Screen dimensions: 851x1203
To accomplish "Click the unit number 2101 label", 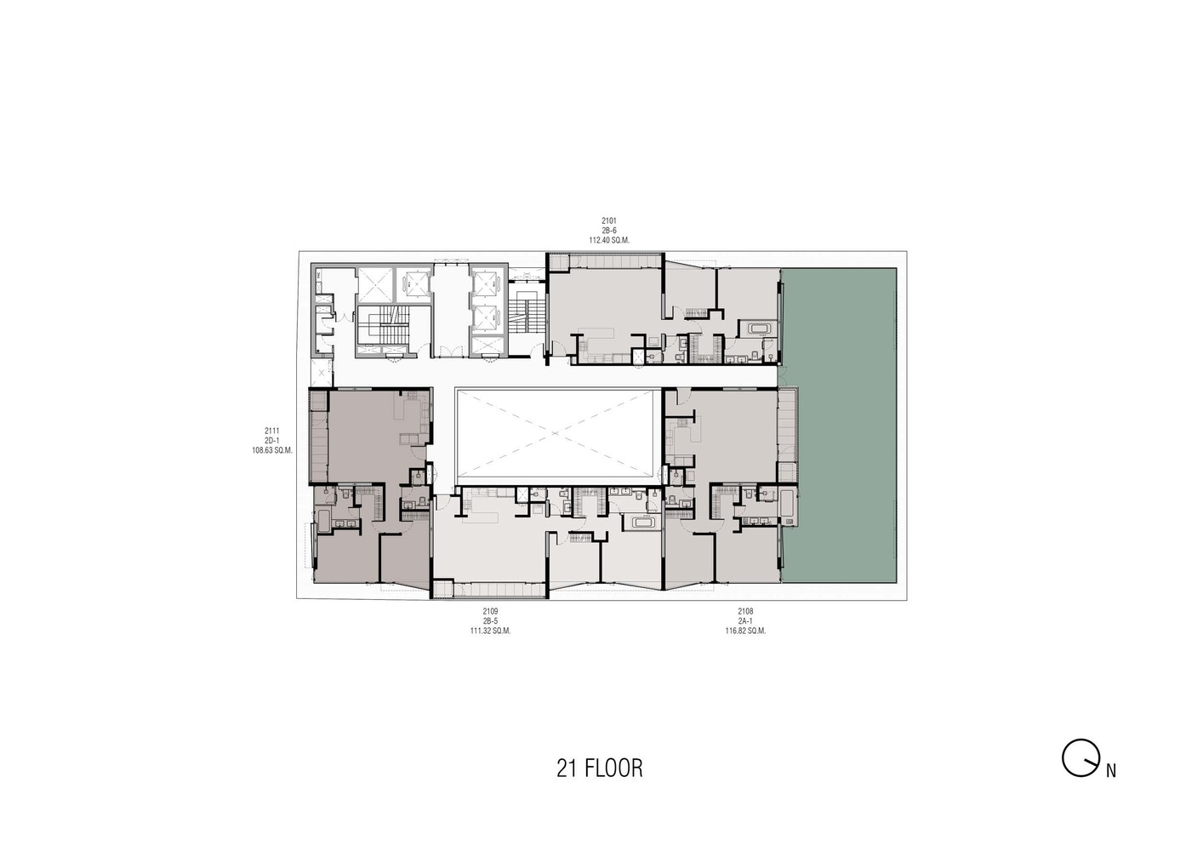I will pos(608,220).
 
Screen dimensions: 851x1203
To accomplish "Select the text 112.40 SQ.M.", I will pos(608,240).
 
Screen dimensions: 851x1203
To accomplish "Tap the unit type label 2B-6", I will pos(608,231).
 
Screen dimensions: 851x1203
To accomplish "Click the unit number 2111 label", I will pos(271,431).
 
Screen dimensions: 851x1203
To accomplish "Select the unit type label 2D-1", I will pos(271,441).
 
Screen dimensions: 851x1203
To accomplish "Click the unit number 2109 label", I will pos(490,611).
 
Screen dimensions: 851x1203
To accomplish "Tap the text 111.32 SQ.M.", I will pos(490,631).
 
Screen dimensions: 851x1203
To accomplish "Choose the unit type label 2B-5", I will pos(490,621).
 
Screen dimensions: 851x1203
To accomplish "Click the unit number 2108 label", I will pos(745,611).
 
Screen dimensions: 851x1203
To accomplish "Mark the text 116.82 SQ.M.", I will pos(745,631).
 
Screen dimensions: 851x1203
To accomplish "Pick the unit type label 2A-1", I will pos(745,621).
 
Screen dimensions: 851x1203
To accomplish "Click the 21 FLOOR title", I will pos(600,768).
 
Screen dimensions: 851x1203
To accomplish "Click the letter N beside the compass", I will pos(1110,772).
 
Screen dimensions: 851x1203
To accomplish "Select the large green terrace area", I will pos(839,425).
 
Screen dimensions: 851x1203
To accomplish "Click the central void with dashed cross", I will pos(558,435).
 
